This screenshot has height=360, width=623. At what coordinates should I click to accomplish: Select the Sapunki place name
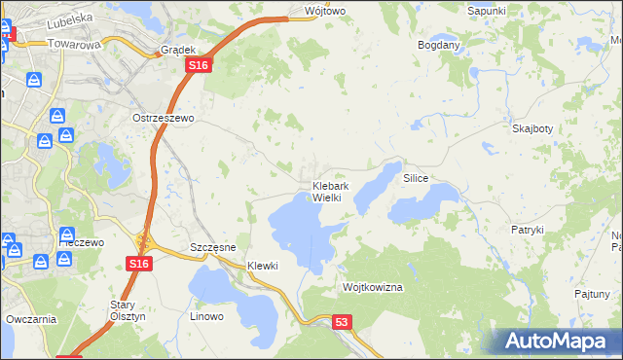coord(487,10)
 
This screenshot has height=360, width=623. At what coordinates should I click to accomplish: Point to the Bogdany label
coord(438,45)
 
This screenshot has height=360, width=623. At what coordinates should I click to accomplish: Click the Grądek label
coord(179,49)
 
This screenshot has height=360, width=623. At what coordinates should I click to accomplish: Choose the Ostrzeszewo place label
coord(165,117)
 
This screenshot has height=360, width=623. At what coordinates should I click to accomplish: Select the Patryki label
coord(527,230)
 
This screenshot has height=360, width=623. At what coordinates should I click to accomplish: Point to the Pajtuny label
coord(592,293)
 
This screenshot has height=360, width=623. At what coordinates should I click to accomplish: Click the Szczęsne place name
coord(213,248)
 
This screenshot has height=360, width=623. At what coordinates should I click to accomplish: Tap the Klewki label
coord(263,266)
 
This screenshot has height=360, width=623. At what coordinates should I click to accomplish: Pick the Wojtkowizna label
coord(373,288)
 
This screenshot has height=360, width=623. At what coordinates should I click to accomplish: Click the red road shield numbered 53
coord(341,321)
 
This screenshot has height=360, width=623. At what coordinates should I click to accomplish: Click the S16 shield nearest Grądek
coord(199,64)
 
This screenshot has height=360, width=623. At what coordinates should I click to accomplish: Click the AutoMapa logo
coord(555,341)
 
